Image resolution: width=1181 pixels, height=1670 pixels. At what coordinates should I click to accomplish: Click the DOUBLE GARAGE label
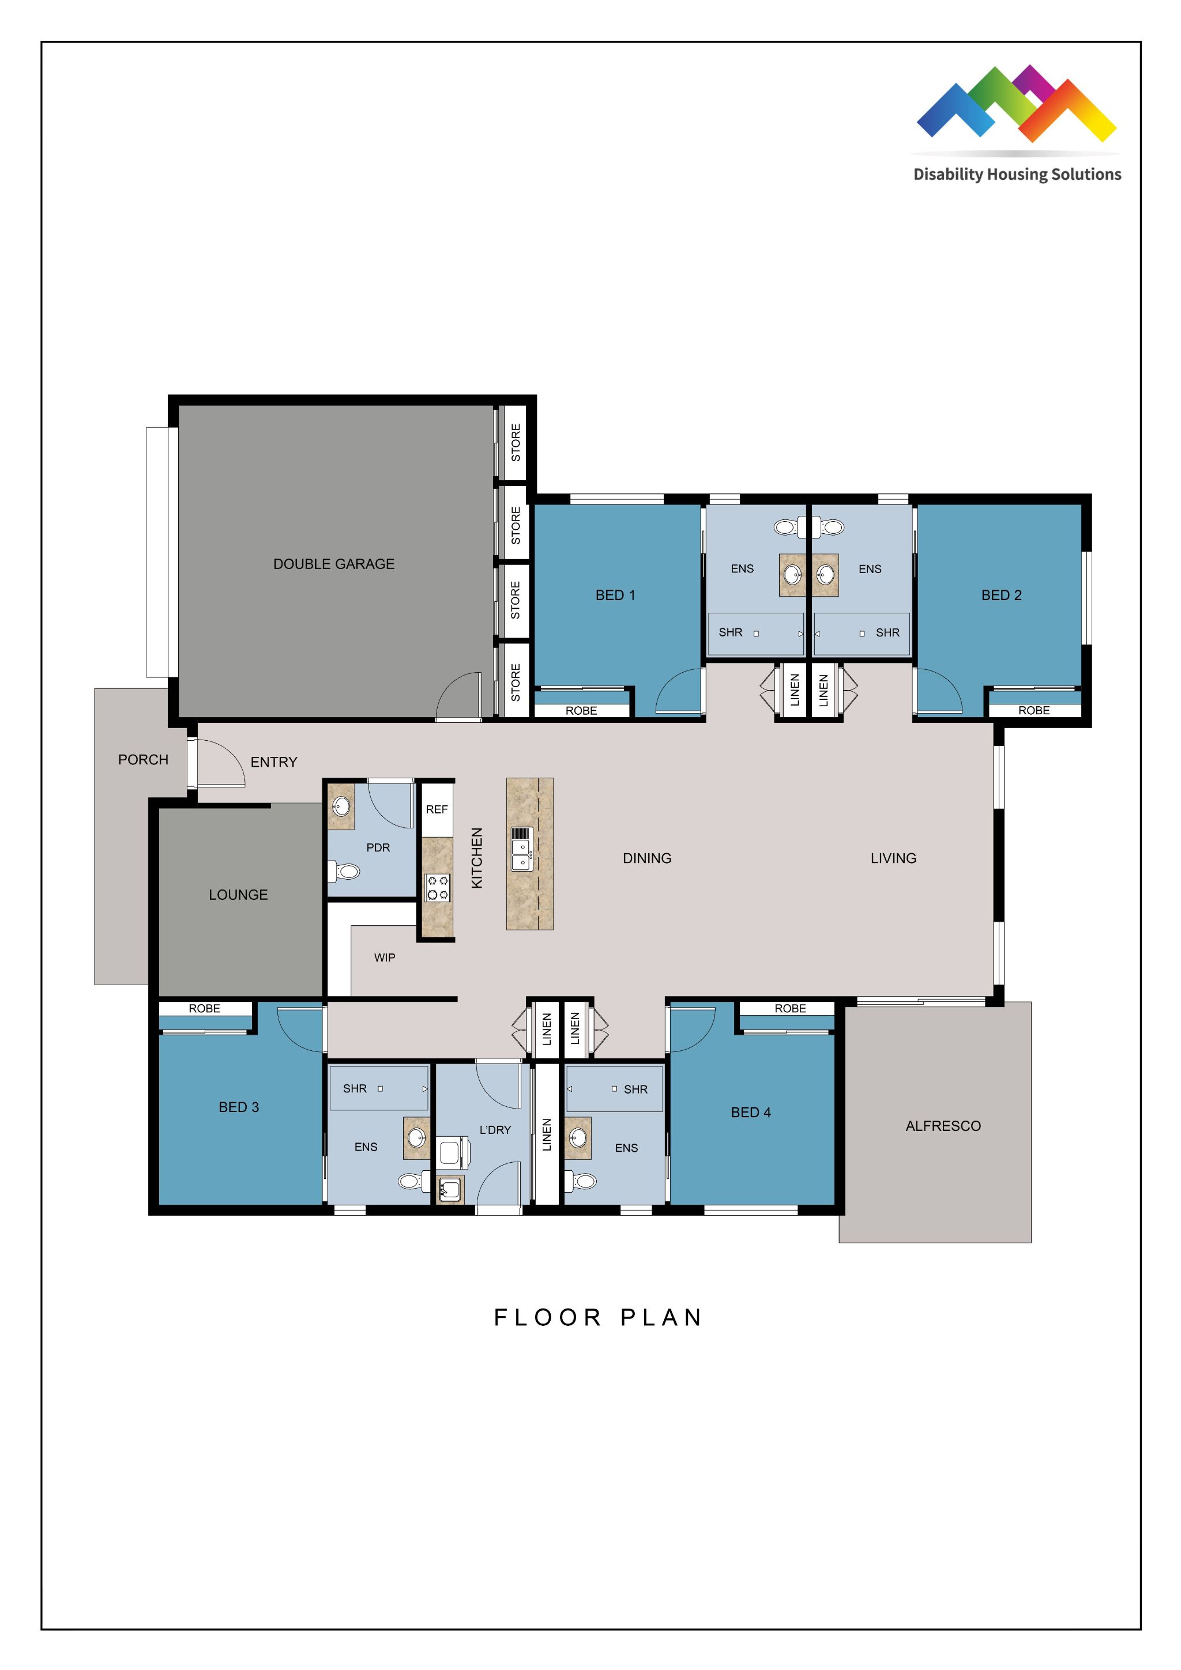[333, 564]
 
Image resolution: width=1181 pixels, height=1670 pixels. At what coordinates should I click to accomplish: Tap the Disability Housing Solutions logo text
[1017, 175]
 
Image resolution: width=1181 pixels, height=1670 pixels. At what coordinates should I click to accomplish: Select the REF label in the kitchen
[437, 809]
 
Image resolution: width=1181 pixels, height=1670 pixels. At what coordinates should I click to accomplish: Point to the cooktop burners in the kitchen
[437, 887]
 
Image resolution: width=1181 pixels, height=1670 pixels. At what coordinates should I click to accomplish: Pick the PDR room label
[378, 847]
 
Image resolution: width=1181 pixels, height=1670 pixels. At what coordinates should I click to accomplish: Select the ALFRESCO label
[942, 1126]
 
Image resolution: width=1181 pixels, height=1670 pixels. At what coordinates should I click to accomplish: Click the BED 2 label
[1001, 595]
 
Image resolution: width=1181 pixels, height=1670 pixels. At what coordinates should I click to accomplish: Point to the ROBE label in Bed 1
[581, 711]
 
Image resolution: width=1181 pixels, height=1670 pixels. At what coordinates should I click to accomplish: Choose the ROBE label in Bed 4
[789, 1008]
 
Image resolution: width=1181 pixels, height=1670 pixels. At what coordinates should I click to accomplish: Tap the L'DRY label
[495, 1130]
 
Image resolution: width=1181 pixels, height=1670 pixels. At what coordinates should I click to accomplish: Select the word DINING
[646, 858]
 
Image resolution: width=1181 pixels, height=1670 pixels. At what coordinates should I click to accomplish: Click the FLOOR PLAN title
[597, 1317]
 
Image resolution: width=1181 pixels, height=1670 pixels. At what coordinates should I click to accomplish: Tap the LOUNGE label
[238, 895]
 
